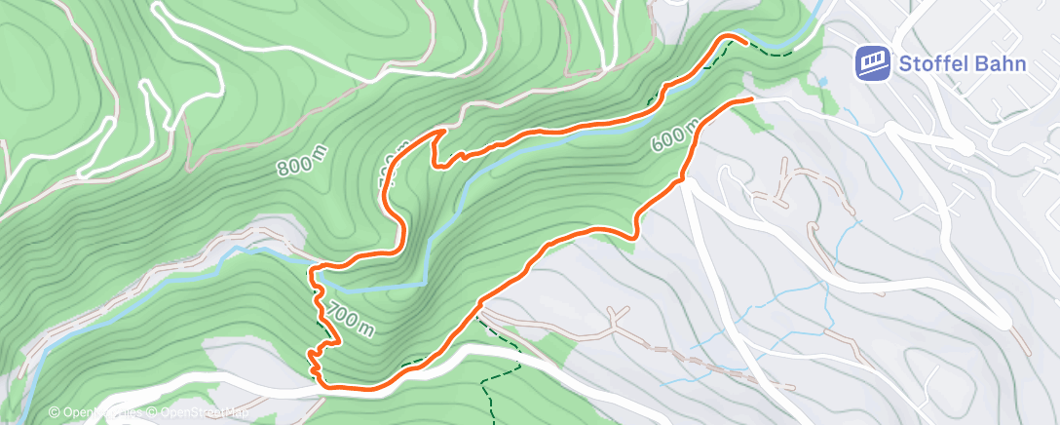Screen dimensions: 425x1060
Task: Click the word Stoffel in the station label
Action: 932,64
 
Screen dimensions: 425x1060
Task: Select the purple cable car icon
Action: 873,63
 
